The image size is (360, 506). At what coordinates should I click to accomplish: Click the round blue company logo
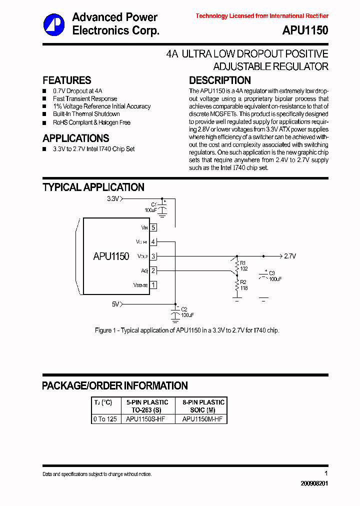coord(53,24)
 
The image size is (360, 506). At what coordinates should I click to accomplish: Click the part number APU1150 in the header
coord(305,30)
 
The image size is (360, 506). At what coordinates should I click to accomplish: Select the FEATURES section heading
coord(67,80)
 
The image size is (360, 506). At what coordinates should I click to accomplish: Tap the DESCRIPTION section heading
coord(219,80)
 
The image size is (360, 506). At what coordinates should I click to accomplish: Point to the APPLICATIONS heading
coord(76,138)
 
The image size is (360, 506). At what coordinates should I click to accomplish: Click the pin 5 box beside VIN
coord(153,227)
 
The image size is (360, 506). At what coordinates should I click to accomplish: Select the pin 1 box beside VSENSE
coord(153,285)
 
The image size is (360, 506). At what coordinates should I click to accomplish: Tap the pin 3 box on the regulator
coord(153,256)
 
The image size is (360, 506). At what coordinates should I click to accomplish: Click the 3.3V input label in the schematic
coord(113,198)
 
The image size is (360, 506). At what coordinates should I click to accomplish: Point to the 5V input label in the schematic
coord(115,303)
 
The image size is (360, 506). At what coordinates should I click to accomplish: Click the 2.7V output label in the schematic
coord(290,256)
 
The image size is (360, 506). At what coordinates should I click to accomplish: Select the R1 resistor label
coord(243,262)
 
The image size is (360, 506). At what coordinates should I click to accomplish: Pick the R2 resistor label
coord(243,282)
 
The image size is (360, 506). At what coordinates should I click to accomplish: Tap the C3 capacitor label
coord(272,273)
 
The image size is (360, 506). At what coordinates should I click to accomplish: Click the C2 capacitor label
coord(184,309)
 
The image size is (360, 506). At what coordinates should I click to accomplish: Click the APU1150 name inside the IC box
coord(111,256)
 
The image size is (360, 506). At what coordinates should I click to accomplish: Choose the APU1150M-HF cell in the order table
coord(202,419)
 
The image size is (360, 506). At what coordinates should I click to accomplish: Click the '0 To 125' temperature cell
coord(105,419)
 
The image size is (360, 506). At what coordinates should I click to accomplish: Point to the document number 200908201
coord(314,484)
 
